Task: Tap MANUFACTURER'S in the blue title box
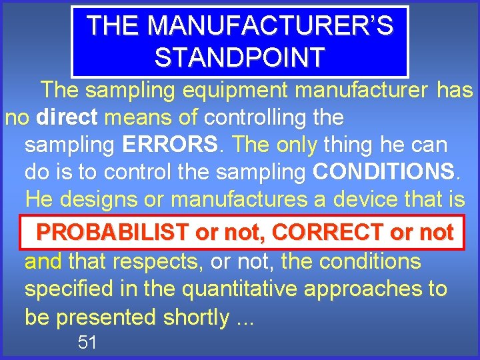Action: [x=270, y=25]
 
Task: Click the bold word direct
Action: [x=67, y=118]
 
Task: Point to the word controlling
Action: [x=254, y=118]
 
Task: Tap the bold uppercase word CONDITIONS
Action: [x=385, y=172]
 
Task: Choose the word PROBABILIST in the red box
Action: [x=113, y=232]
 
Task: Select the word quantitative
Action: [x=237, y=289]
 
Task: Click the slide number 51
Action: [x=87, y=343]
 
